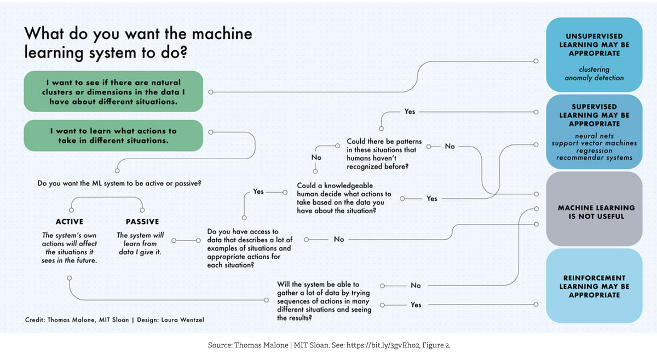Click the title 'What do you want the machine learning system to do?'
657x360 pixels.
(x=138, y=43)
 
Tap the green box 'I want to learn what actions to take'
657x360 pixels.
(x=113, y=136)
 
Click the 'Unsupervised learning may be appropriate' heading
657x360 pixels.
(x=594, y=45)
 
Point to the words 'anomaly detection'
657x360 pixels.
(x=594, y=78)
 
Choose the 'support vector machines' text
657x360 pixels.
(x=594, y=143)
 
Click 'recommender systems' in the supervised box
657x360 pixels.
(x=594, y=158)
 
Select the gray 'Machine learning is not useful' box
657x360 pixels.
(x=594, y=212)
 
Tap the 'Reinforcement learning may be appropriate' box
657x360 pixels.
(x=594, y=286)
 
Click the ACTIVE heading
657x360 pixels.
(x=70, y=222)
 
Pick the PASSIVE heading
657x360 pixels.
(x=142, y=222)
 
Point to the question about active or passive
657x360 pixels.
(x=119, y=183)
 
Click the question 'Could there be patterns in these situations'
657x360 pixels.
(x=381, y=154)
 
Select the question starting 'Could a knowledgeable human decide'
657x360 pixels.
(x=344, y=198)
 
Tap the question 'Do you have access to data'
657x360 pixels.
(x=250, y=248)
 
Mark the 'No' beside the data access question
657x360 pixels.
(x=339, y=240)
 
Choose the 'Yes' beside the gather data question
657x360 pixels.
(x=416, y=305)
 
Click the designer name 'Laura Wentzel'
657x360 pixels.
(x=182, y=320)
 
